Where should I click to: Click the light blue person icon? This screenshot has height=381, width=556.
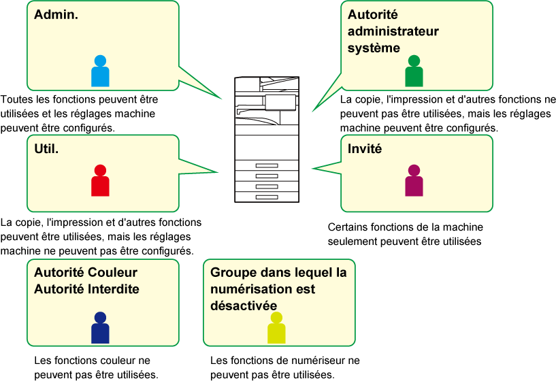coord(100,71)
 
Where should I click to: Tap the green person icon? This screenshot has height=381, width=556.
coord(414,71)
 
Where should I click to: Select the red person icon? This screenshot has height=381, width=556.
coord(100,181)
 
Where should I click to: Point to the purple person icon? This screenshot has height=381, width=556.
coord(414,181)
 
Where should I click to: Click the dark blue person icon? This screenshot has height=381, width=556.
coord(100,328)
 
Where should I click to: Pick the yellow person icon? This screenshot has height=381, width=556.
coord(276,328)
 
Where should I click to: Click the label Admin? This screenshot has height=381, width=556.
coord(56,14)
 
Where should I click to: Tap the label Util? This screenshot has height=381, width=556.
coord(46,148)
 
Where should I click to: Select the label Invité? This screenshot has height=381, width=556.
coord(365,148)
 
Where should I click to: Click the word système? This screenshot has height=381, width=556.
coord(374,48)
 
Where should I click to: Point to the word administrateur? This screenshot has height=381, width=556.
coord(393,31)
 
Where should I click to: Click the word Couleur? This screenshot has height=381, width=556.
coord(112,273)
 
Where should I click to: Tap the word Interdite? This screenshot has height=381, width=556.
coord(114,289)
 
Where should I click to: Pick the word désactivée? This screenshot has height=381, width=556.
coord(239,305)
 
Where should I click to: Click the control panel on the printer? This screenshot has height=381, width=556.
coord(280,103)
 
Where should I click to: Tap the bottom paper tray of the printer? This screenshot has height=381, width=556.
coord(267,197)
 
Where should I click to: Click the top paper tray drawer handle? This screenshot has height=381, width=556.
coord(267,166)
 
